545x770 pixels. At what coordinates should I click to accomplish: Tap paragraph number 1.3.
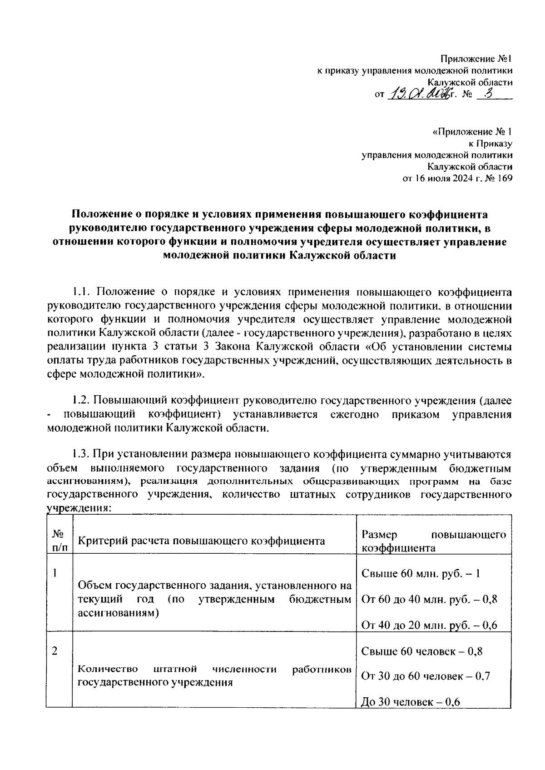click(x=82, y=454)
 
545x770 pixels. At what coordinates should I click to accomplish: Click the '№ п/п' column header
click(x=59, y=540)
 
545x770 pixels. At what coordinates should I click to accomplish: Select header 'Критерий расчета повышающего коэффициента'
click(x=201, y=541)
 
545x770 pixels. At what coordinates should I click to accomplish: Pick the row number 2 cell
click(x=54, y=651)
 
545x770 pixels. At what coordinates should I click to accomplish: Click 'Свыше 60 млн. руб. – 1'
click(x=421, y=573)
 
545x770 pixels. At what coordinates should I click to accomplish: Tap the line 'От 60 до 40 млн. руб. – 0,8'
click(x=429, y=599)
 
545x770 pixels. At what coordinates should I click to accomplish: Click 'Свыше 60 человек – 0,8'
click(x=422, y=651)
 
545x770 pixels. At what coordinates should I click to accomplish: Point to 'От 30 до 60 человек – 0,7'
click(x=426, y=676)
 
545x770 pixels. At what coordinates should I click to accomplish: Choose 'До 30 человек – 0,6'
click(x=411, y=702)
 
